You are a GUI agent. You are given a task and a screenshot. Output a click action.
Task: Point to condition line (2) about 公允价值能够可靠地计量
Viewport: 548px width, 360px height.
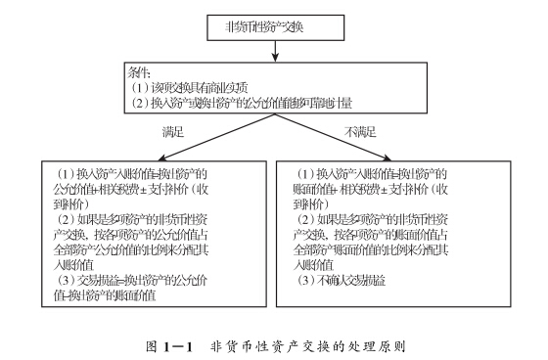click(236, 103)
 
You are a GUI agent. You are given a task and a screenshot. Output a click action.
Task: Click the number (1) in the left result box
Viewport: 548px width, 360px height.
click(63, 173)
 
